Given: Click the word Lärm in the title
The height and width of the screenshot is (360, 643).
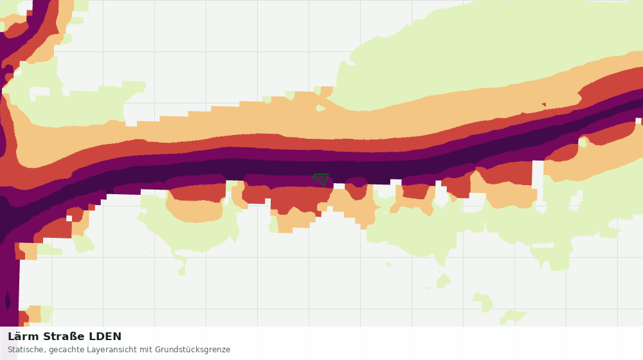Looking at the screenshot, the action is coord(23,337).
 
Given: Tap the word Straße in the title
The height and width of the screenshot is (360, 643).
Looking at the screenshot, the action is coord(64,337).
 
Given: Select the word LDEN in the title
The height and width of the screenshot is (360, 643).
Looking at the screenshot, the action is coord(105,337).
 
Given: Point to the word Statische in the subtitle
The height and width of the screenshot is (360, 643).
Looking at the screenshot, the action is coord(26,350).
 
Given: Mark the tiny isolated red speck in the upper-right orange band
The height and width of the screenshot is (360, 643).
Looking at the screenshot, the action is coord(544,105).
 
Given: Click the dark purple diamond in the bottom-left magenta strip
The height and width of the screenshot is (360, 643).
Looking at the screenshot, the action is coord(7,301).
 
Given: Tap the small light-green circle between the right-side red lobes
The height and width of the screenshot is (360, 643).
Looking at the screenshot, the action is coord(583,143).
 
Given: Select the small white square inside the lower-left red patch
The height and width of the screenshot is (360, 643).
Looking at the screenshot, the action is coord(69,219).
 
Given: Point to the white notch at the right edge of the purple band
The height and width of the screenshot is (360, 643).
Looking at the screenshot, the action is coord(638,121).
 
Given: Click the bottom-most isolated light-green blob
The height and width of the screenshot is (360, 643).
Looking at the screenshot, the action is coord(512,316).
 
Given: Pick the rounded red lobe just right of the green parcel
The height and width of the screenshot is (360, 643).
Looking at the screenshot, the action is coord(357,188).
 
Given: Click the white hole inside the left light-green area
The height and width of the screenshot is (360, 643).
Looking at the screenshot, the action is coord(39,93).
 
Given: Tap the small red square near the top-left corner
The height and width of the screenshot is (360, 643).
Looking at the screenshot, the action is coord(30,13).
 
